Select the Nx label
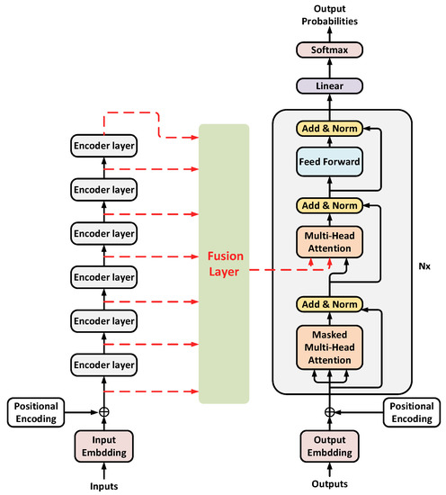[425, 266]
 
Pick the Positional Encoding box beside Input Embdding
[38, 410]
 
